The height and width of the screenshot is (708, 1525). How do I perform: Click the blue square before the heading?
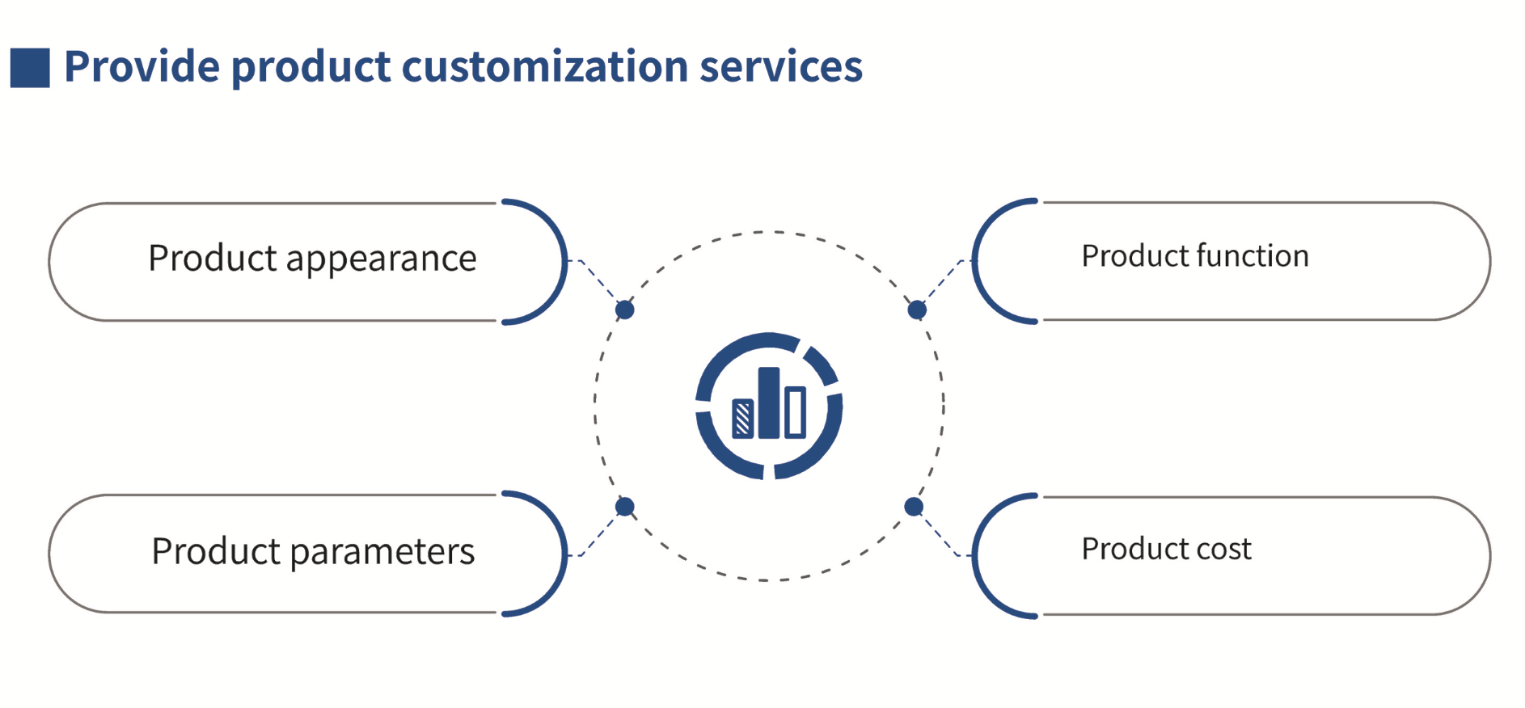pos(30,67)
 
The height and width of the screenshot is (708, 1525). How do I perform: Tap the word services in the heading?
pos(780,66)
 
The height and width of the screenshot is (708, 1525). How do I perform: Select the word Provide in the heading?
pos(142,66)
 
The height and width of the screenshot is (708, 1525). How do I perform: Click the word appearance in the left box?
pos(381,259)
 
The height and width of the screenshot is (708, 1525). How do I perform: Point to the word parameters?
pos(382,552)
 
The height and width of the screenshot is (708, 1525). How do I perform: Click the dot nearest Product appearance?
pos(625,310)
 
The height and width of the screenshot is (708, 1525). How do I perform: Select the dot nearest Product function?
pos(917,310)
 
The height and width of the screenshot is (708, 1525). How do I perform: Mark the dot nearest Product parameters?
pos(625,507)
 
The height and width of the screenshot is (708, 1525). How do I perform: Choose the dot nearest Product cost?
pos(914,507)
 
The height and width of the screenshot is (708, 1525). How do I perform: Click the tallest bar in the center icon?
pos(769,403)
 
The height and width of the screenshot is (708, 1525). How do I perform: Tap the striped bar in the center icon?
pos(742,419)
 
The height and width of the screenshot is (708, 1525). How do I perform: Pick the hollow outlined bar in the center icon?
pos(796,412)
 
